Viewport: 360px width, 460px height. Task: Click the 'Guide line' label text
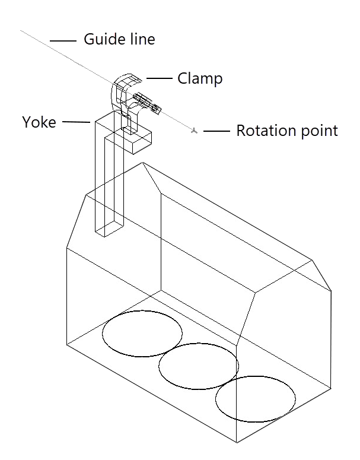(x=119, y=40)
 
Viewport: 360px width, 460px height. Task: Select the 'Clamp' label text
(x=200, y=78)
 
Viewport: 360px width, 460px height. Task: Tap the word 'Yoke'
(x=39, y=122)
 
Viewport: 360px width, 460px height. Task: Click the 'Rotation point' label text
(x=287, y=131)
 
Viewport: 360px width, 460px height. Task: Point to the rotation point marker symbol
(x=194, y=130)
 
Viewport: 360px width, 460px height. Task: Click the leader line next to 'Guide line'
(x=63, y=41)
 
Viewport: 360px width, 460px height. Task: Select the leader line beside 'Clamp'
(x=159, y=78)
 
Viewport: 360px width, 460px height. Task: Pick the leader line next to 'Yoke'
(x=75, y=123)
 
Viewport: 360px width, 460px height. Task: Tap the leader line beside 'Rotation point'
(x=216, y=130)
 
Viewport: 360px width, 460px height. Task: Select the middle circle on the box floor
(x=198, y=366)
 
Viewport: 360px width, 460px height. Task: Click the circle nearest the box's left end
(x=142, y=334)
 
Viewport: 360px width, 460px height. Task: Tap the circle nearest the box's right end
(x=255, y=399)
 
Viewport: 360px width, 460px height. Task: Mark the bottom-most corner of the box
(x=237, y=443)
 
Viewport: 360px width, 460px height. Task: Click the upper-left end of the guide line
(x=22, y=30)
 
